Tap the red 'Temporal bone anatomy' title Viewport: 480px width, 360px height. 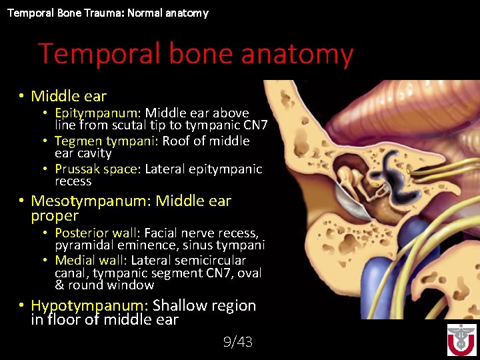point(195,54)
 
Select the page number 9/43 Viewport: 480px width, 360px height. point(238,342)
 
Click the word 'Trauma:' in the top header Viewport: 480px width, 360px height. point(87,13)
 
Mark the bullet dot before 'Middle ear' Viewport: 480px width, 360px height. point(21,97)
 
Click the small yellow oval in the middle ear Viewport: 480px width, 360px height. point(375,184)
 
